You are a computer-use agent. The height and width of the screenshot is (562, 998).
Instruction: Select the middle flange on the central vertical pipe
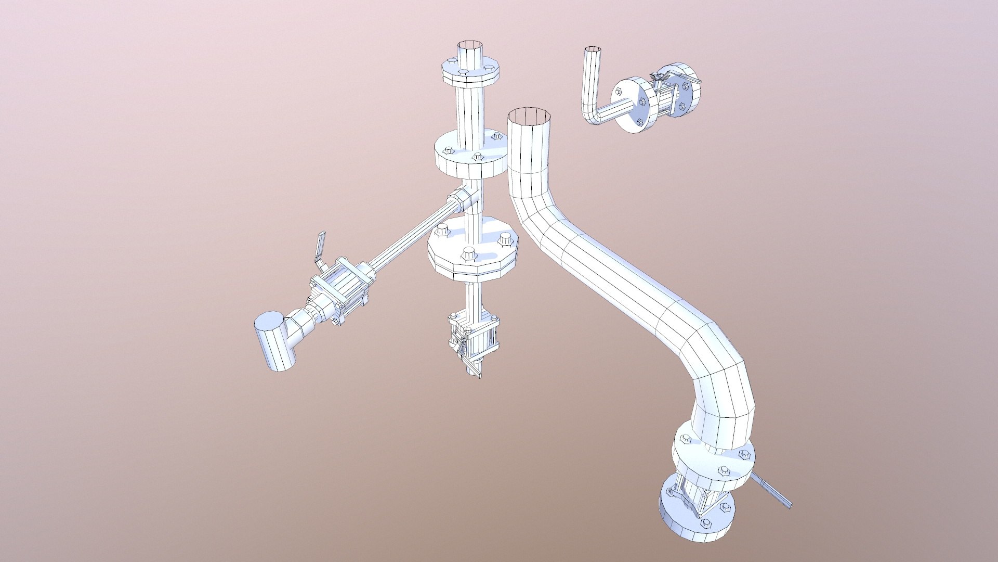click(x=471, y=156)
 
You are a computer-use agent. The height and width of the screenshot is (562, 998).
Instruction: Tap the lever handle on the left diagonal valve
click(x=320, y=247)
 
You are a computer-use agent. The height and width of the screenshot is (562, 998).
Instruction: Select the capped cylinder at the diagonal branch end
click(x=273, y=341)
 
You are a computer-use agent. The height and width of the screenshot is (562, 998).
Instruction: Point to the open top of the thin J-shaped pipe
click(x=592, y=49)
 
